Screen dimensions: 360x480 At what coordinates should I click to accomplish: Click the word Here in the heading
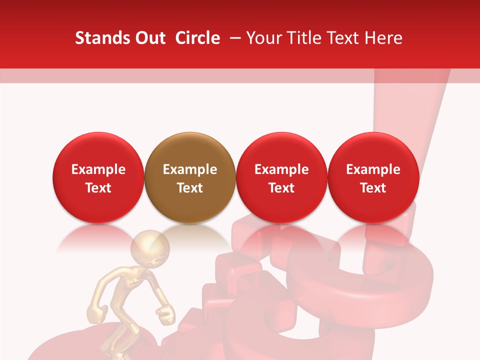tap(384, 38)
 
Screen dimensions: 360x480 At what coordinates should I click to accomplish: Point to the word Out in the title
tap(149, 38)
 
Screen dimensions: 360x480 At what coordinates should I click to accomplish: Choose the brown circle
tap(190, 177)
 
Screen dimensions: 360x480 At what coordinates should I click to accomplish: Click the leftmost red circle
tap(98, 177)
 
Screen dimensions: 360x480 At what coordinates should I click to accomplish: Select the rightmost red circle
tap(373, 177)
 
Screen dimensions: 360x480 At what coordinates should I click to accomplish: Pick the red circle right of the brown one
tap(281, 177)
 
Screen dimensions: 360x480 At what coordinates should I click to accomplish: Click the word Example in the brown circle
tap(190, 169)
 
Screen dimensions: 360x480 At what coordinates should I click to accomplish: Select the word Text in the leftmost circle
tap(98, 188)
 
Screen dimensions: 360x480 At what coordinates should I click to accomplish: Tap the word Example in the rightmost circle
tap(373, 169)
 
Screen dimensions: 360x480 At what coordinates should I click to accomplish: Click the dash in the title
tap(236, 38)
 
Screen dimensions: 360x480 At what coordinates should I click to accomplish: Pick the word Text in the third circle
tap(281, 188)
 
